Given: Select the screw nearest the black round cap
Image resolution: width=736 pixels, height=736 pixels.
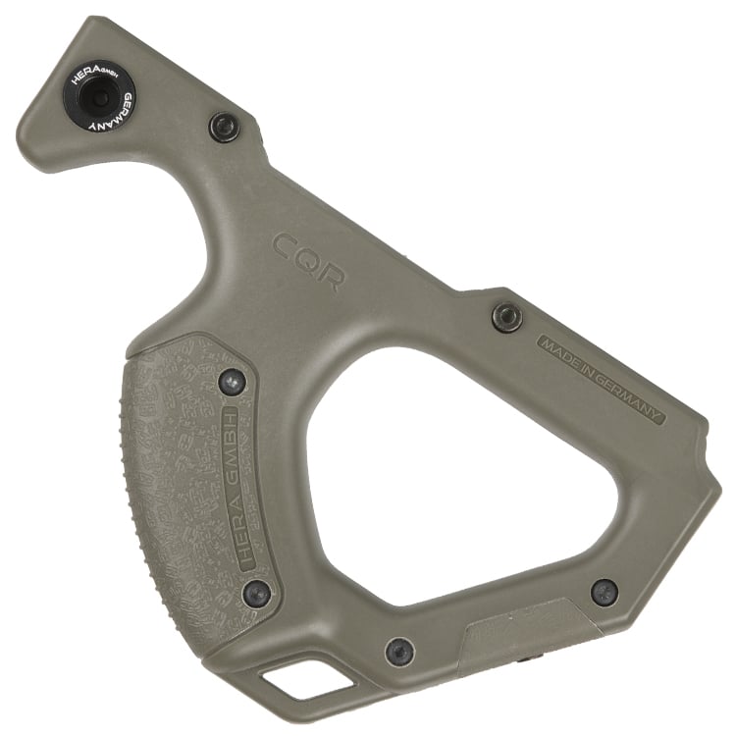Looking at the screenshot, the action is point(224,127).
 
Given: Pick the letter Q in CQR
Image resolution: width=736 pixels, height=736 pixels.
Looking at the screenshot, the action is point(305,258).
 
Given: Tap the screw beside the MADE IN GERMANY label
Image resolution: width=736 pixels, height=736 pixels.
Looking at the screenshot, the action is point(507,317).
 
